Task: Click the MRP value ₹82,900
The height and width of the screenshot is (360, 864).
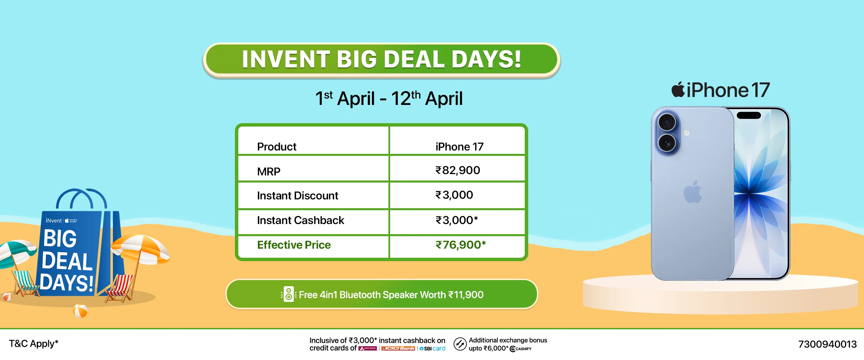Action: (458, 170)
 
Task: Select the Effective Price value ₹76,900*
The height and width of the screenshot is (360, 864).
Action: (461, 245)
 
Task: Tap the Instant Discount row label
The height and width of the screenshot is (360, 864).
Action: (297, 196)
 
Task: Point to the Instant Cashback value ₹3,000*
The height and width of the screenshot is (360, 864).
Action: (457, 220)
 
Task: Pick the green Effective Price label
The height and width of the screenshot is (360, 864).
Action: (294, 245)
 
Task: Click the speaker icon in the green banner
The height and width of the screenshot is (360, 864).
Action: (289, 295)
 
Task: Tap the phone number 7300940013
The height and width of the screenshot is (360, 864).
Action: (827, 344)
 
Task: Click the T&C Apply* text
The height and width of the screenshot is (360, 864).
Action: (33, 344)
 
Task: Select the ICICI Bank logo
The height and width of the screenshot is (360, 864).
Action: (398, 349)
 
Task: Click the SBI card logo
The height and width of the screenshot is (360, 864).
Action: (432, 349)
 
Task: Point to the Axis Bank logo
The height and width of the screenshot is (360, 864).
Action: (368, 349)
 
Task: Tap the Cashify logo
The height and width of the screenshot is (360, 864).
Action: (520, 349)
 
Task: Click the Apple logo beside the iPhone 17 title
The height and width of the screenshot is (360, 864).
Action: (678, 90)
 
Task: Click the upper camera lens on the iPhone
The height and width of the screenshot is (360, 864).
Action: (667, 122)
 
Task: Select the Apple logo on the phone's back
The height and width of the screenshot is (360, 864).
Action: (693, 192)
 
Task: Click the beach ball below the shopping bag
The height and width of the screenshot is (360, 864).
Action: (80, 311)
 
